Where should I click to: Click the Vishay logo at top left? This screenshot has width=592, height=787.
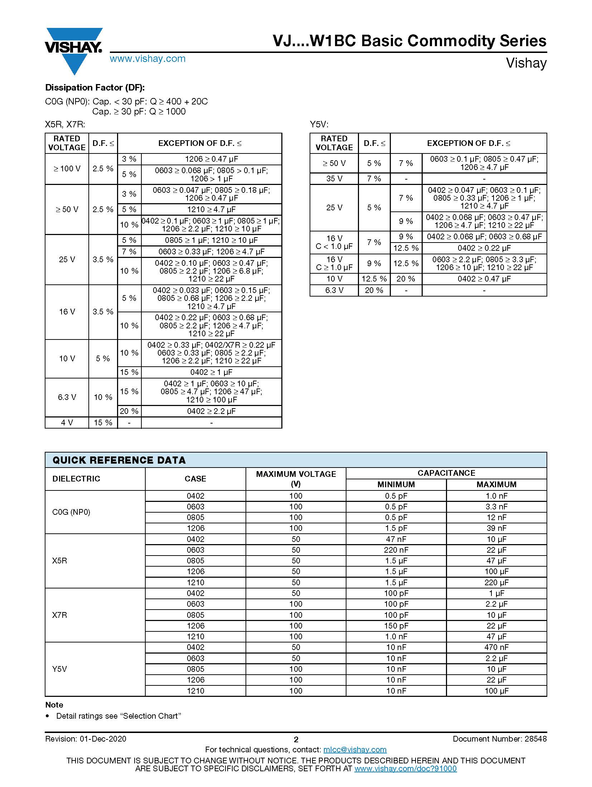pos(74,50)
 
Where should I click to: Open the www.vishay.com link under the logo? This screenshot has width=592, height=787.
pos(147,59)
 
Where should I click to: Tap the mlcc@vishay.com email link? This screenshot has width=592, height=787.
pos(355,749)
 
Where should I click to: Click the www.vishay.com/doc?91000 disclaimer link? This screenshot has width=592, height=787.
pos(405,768)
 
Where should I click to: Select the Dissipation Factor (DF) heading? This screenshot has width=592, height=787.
pos(95,88)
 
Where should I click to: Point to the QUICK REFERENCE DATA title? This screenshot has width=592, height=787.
pos(119,460)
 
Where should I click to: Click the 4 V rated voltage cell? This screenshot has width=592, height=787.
pos(67,422)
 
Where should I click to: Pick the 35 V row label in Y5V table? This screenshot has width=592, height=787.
pos(334,179)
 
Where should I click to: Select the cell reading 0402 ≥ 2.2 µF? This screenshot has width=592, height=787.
pos(211,411)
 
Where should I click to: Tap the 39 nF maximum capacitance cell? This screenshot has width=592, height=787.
pos(496,528)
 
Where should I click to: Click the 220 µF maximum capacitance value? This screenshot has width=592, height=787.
pos(496,582)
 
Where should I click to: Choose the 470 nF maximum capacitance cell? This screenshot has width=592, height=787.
pos(496,647)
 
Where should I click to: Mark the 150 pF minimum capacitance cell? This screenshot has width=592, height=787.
pos(396,626)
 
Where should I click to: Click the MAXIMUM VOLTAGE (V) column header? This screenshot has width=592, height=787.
pos(296,479)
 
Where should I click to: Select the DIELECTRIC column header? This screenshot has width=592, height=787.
pos(76,479)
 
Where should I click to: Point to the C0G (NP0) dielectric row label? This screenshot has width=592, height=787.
pos(71,512)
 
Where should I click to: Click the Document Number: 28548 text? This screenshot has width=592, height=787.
pos(500,739)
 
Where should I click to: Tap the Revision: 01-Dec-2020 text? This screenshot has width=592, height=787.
pos(86,739)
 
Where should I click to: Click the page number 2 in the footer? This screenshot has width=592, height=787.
pos(296,739)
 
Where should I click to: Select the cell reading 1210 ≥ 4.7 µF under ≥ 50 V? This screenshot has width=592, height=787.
pos(211,209)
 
